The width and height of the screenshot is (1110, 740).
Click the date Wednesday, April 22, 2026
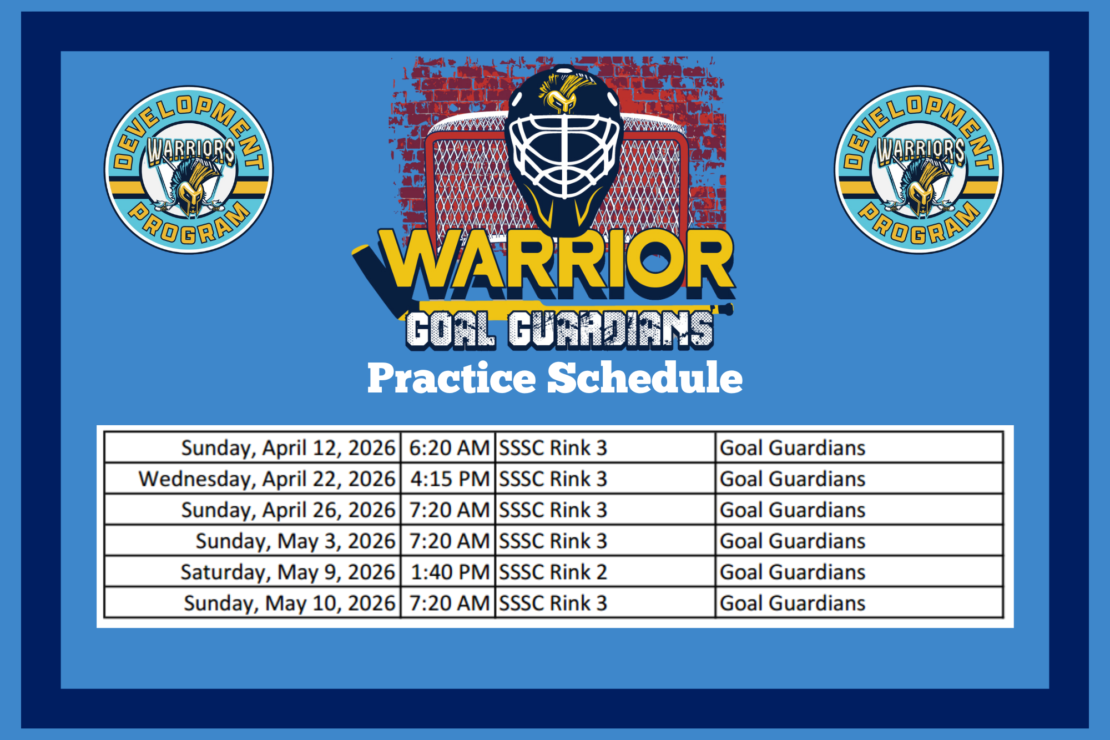267,479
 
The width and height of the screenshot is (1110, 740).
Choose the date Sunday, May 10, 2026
290,603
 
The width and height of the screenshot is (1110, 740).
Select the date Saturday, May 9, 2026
287,572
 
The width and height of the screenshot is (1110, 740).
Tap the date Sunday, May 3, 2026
295,541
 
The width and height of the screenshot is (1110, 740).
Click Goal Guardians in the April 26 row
793,510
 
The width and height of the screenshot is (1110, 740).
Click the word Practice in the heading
452,378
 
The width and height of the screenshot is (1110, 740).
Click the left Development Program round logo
189,170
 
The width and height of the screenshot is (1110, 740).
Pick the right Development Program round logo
919,170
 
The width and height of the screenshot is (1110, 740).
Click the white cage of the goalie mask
564,155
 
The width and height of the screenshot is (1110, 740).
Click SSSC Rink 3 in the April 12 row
553,448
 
